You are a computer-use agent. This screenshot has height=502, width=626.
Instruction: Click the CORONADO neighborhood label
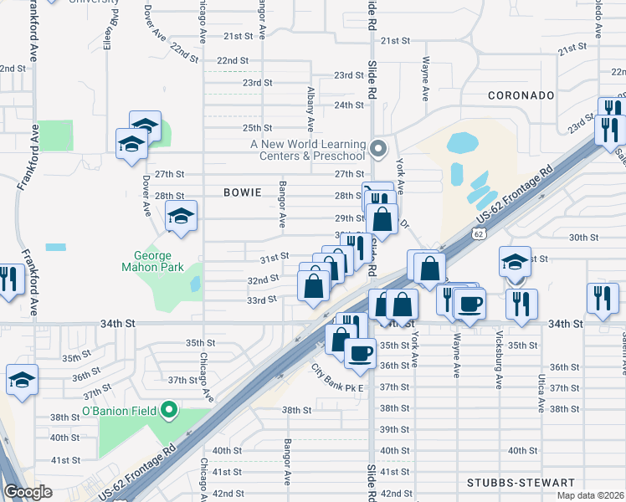(521, 95)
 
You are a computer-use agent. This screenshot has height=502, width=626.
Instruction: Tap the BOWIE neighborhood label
(244, 192)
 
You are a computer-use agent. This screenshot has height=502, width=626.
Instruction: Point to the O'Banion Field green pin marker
(170, 410)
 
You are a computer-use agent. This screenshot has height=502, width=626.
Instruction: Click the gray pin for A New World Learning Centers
(378, 149)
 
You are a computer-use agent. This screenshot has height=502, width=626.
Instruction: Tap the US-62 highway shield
(478, 235)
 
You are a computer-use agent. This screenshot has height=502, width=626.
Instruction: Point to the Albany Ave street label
(310, 109)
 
